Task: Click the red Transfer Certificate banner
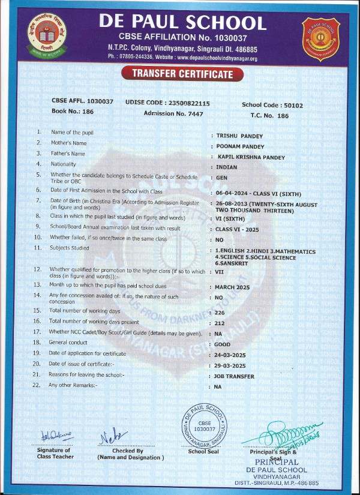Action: pos(182,74)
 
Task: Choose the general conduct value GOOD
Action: pos(223,344)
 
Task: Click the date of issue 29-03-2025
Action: pos(231,365)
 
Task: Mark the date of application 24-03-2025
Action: pos(231,355)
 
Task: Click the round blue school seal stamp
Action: pos(205,424)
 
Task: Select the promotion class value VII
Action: pos(219,272)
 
